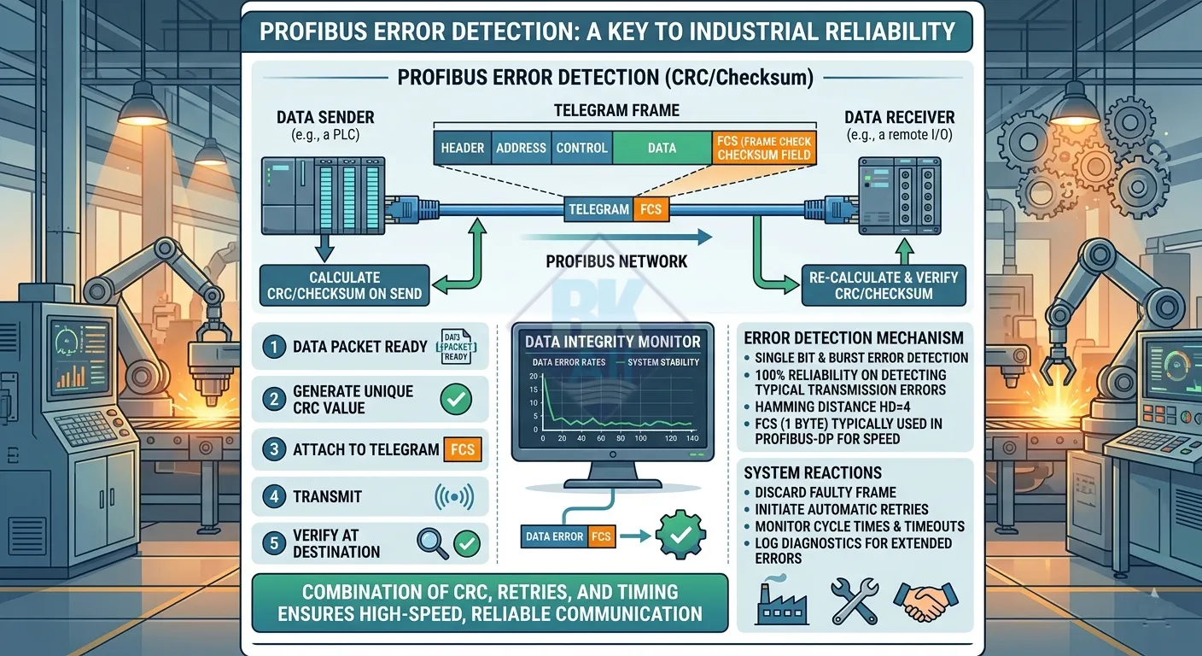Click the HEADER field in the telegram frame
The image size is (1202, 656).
click(463, 148)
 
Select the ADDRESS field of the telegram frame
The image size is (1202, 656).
click(521, 148)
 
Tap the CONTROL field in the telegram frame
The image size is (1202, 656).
click(581, 148)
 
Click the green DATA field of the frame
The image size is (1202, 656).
click(662, 148)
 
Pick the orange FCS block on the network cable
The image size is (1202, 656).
click(651, 209)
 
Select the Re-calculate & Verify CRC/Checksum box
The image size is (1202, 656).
click(884, 285)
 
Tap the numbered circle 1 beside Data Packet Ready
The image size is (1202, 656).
click(273, 347)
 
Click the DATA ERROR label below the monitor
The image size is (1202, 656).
click(554, 537)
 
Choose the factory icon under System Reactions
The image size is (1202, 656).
click(774, 600)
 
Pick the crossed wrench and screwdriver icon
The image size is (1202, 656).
click(854, 600)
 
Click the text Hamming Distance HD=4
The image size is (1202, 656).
click(833, 407)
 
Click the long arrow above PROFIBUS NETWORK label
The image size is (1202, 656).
click(615, 237)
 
